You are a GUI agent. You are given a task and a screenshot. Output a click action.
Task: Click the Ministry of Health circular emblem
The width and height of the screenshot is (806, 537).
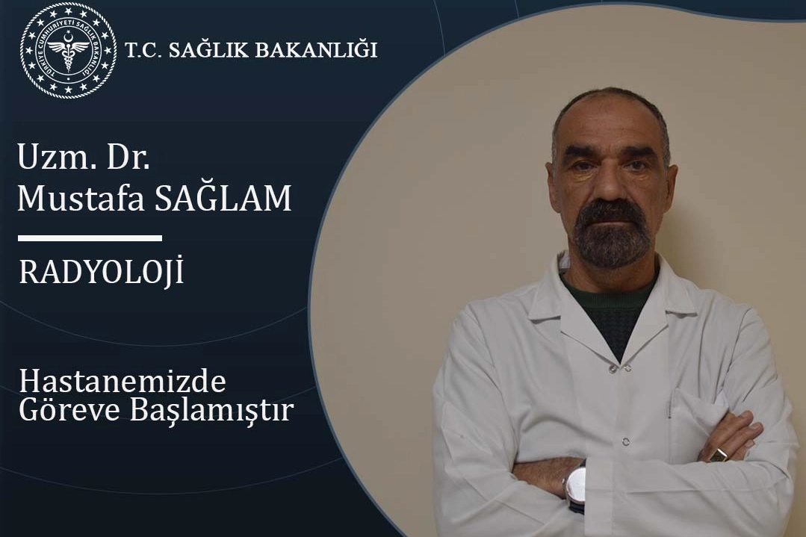[x=69, y=50]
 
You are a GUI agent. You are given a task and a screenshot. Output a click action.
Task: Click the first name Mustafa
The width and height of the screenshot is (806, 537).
[x=81, y=198]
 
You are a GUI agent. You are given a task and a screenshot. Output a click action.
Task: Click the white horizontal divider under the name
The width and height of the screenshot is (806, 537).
[x=90, y=238]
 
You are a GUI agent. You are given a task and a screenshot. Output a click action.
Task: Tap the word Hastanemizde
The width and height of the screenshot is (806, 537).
[x=123, y=382]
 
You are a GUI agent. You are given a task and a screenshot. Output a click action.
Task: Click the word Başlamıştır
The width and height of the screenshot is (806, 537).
[x=211, y=411]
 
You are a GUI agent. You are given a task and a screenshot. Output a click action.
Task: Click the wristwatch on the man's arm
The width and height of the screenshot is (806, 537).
[x=574, y=484]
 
